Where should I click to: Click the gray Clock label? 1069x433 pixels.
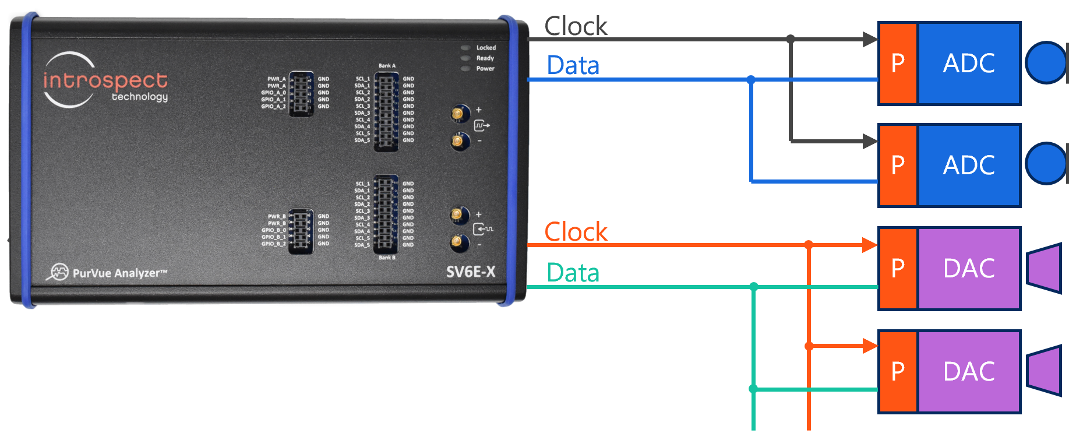(x=576, y=26)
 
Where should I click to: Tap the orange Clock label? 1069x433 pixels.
(x=576, y=232)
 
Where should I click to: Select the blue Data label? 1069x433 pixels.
(x=573, y=65)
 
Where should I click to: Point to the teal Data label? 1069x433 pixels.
(x=573, y=273)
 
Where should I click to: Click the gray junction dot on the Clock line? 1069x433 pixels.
(x=791, y=39)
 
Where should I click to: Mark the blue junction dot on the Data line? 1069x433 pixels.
(x=751, y=79)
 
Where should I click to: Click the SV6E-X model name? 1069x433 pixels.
(x=471, y=272)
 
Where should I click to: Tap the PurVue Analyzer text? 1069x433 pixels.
(x=119, y=273)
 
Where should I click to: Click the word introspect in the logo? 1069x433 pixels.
(x=105, y=80)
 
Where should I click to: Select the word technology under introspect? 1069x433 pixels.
(x=140, y=97)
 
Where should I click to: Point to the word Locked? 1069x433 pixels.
(x=486, y=48)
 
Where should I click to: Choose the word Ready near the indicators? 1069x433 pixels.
(x=485, y=58)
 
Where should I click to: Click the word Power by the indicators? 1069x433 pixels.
(x=485, y=69)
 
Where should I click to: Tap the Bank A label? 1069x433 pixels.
(x=387, y=66)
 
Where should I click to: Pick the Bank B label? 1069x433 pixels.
(x=387, y=258)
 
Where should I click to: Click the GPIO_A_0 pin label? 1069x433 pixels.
(x=273, y=93)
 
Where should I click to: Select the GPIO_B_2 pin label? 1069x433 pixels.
(x=273, y=244)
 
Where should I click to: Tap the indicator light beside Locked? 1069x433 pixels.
(x=465, y=48)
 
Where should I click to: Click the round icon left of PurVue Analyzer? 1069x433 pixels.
(x=59, y=272)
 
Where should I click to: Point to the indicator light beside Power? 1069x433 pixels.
(x=465, y=69)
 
